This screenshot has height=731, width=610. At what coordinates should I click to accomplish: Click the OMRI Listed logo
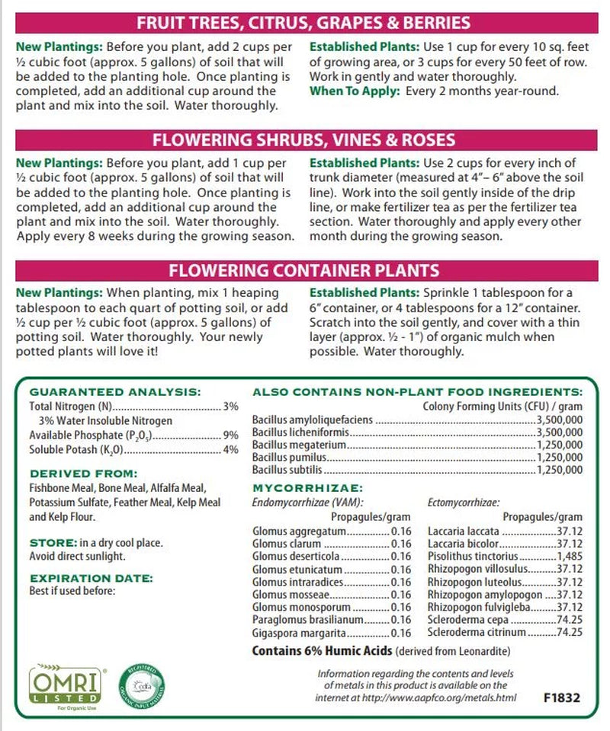(64, 684)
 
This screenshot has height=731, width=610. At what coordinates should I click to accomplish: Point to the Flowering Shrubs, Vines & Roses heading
(304, 140)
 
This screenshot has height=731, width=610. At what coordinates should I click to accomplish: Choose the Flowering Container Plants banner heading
(304, 270)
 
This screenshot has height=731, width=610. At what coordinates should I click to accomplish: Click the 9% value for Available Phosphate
(231, 436)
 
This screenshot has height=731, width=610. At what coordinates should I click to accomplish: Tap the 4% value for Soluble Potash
(231, 451)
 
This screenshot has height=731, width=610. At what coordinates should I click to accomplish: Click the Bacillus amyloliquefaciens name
(313, 420)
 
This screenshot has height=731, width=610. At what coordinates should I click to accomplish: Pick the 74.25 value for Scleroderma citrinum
(568, 632)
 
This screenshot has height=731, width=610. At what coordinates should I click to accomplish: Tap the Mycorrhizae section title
(307, 487)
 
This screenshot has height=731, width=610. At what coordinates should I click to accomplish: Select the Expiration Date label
(91, 577)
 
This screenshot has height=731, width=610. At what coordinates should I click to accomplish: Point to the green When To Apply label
(350, 91)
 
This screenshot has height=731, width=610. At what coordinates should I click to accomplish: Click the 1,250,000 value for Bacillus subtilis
(560, 471)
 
